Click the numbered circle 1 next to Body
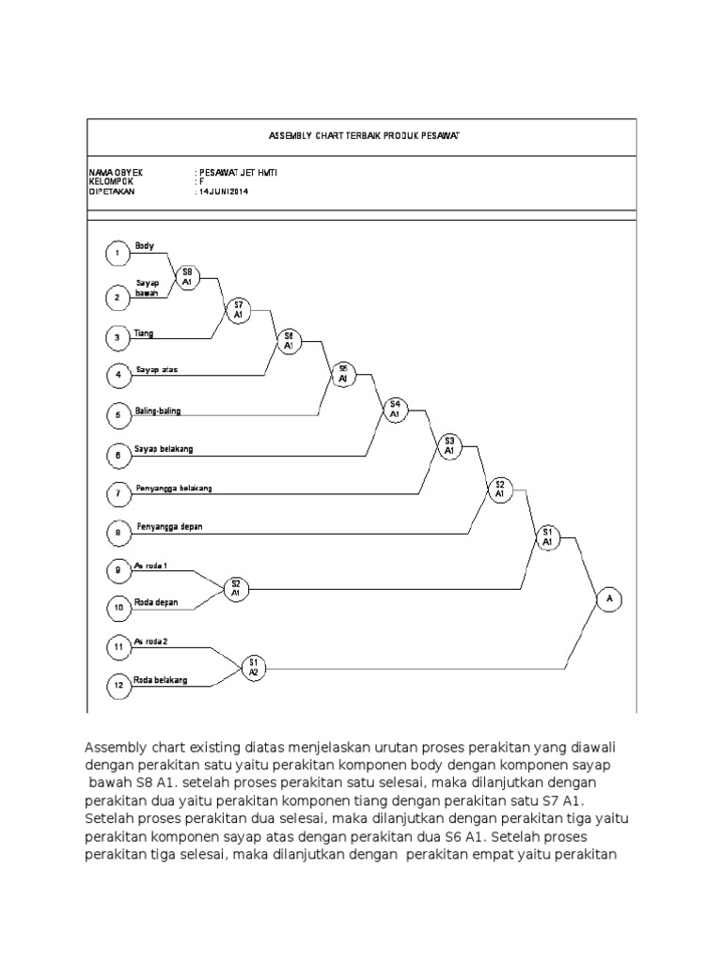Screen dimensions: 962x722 (x=117, y=254)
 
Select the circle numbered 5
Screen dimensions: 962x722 (x=118, y=414)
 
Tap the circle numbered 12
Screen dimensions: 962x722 (x=118, y=686)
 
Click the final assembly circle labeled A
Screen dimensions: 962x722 (x=609, y=598)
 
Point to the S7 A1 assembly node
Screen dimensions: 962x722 (x=239, y=310)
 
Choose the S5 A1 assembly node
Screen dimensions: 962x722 (x=343, y=374)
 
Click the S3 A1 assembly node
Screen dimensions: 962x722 (x=448, y=445)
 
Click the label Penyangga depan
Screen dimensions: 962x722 (x=169, y=527)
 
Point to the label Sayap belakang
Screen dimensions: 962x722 (x=164, y=449)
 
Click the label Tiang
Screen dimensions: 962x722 (x=144, y=333)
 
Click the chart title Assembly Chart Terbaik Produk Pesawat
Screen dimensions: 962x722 (x=363, y=136)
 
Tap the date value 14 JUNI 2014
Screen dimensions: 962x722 (x=224, y=191)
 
